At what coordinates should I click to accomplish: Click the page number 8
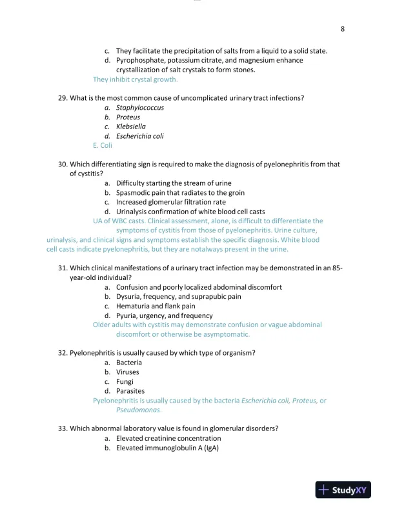click(343, 29)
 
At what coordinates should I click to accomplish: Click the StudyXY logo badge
click(342, 490)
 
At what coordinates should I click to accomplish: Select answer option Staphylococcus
click(139, 108)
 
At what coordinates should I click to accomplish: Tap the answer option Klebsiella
click(130, 126)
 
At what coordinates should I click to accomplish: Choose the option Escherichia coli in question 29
click(139, 136)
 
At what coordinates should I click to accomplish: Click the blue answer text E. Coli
click(103, 146)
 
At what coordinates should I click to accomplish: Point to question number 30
click(63, 164)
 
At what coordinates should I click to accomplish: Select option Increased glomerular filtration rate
click(170, 202)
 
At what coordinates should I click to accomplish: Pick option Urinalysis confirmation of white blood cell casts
click(190, 212)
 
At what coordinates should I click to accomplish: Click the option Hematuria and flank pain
click(156, 306)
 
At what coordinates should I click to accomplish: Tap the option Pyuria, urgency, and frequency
click(164, 316)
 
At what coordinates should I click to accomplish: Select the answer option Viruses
click(127, 372)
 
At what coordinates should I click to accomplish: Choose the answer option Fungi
click(125, 381)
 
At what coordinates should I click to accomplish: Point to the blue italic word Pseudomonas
click(138, 410)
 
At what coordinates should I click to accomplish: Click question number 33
click(63, 428)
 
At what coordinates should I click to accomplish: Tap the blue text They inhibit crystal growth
click(135, 80)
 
